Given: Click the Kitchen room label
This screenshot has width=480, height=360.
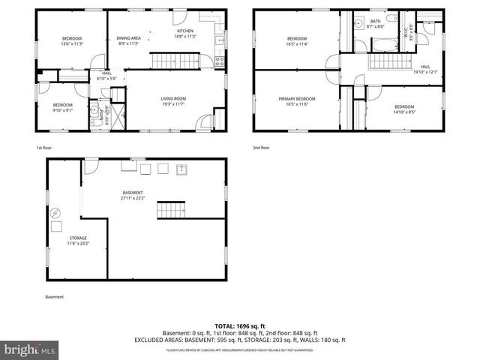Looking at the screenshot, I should [185, 31].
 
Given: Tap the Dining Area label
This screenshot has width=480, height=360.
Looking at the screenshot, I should [129, 37].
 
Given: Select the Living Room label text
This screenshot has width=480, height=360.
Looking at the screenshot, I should [173, 98].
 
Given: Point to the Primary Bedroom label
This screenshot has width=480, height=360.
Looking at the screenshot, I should [297, 98].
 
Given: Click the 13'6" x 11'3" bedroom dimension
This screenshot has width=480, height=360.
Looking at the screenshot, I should [71, 44].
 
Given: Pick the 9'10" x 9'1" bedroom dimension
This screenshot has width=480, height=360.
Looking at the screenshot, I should [62, 110].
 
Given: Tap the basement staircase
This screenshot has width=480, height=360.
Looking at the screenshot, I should [171, 210].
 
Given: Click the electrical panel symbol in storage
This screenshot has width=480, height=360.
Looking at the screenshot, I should [55, 213].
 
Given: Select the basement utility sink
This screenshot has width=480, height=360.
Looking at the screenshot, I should [181, 169].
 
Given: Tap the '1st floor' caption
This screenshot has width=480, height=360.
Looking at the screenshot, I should [43, 148].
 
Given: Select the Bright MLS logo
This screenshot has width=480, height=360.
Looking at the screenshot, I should [29, 349].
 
